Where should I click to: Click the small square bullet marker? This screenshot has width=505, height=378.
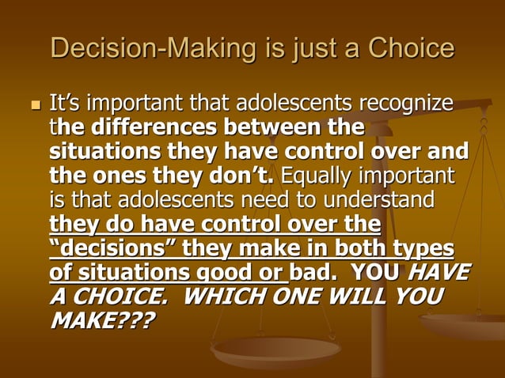33,105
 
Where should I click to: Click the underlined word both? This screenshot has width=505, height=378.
365,248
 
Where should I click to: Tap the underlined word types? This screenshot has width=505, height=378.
424,248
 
